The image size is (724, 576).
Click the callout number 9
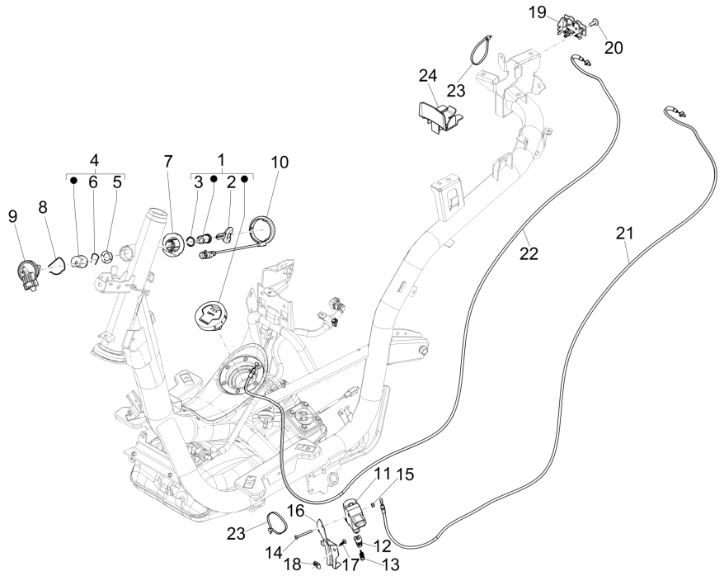click(12, 216)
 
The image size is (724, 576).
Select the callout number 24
click(427, 76)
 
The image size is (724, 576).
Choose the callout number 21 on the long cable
click(623, 234)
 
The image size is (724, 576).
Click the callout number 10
click(280, 162)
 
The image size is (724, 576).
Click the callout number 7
click(168, 162)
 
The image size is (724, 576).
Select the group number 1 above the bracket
click(220, 158)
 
